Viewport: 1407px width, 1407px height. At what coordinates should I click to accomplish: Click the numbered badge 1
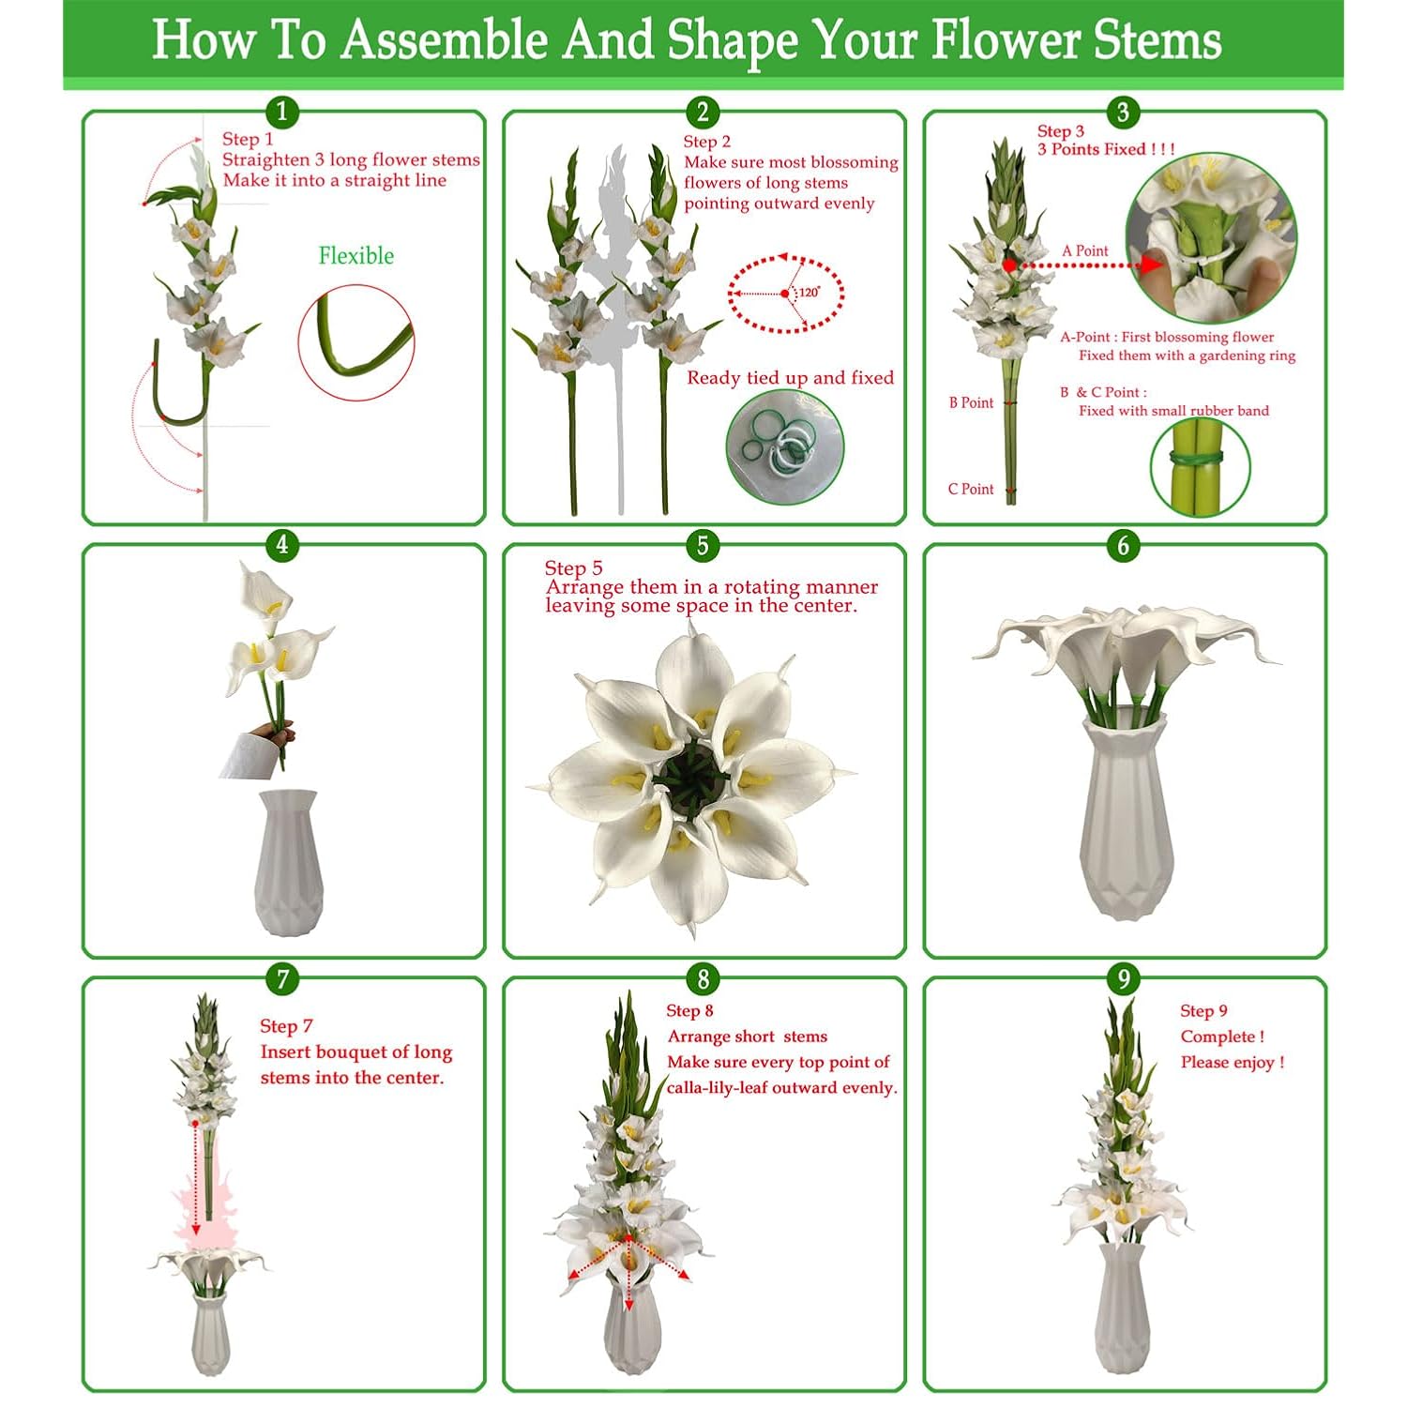pyautogui.click(x=282, y=112)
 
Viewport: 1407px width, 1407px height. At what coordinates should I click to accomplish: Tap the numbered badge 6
pyautogui.click(x=1123, y=545)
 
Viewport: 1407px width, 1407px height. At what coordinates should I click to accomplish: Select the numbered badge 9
pyautogui.click(x=1123, y=979)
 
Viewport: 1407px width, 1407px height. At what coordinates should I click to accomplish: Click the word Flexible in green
pyautogui.click(x=356, y=256)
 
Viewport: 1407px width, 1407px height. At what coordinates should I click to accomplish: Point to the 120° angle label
pyautogui.click(x=809, y=292)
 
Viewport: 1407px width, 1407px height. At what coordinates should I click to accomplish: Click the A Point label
pyautogui.click(x=1085, y=250)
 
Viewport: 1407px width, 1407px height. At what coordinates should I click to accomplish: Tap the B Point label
pyautogui.click(x=971, y=402)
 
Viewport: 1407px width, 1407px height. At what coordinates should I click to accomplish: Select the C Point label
pyautogui.click(x=971, y=489)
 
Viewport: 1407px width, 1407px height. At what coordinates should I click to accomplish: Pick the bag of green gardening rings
pyautogui.click(x=785, y=446)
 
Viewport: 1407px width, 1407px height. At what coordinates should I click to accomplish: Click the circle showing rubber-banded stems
pyautogui.click(x=1200, y=467)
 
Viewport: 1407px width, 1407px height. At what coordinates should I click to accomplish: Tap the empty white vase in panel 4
pyautogui.click(x=291, y=863)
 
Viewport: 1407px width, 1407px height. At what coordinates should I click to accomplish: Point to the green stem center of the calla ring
pyautogui.click(x=691, y=777)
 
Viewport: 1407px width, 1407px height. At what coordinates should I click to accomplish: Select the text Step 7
pyautogui.click(x=286, y=1026)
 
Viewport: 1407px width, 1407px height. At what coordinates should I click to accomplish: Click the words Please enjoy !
pyautogui.click(x=1232, y=1062)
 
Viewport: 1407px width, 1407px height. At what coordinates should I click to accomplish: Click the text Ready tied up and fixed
pyautogui.click(x=790, y=378)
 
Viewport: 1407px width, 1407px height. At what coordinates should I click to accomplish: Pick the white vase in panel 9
pyautogui.click(x=1123, y=1309)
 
